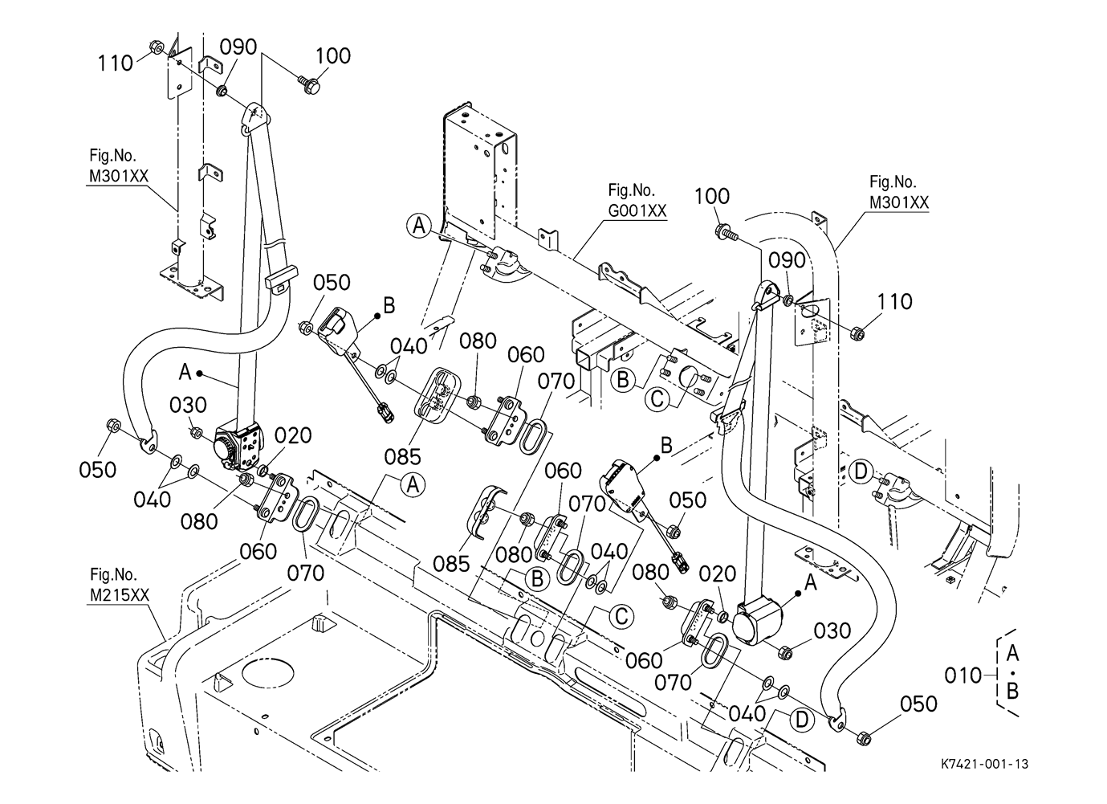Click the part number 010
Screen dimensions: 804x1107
pos(963,675)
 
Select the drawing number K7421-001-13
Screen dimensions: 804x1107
pos(985,764)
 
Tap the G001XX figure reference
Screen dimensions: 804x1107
pos(637,210)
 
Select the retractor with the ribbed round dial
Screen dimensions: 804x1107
pos(238,447)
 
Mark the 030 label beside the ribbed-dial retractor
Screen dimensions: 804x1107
pos(188,405)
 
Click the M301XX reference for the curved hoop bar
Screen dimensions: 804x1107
pos(899,202)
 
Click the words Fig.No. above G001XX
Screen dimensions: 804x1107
pos(631,190)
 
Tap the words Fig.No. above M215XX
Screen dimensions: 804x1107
pos(113,574)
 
